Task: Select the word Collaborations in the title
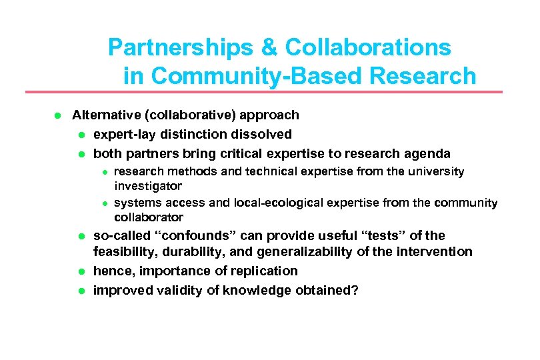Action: [368, 48]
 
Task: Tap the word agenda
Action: [427, 153]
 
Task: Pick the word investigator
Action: [148, 186]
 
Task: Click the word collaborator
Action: [149, 217]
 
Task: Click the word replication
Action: [265, 271]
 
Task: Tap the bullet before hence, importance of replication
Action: [80, 271]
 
